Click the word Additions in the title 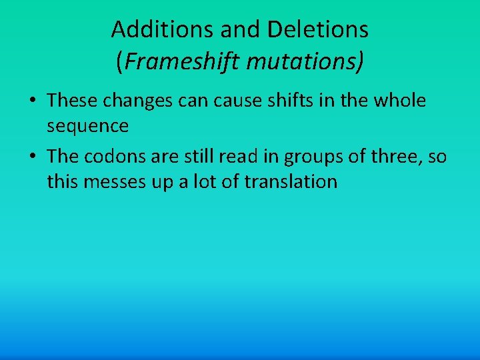152,29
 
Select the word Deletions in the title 318,29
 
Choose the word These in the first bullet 72,101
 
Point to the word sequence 88,125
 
